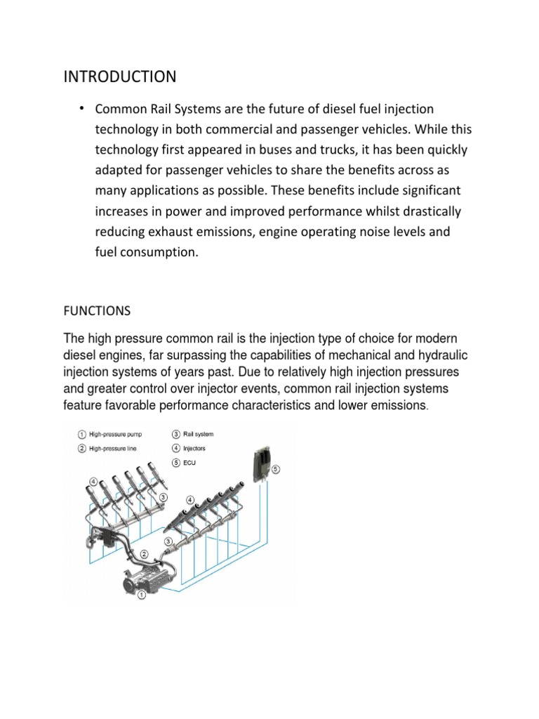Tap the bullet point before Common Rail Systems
pos(82,107)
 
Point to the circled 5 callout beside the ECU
pos(275,468)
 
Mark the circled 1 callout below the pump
pos(141,596)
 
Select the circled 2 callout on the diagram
pos(144,554)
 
